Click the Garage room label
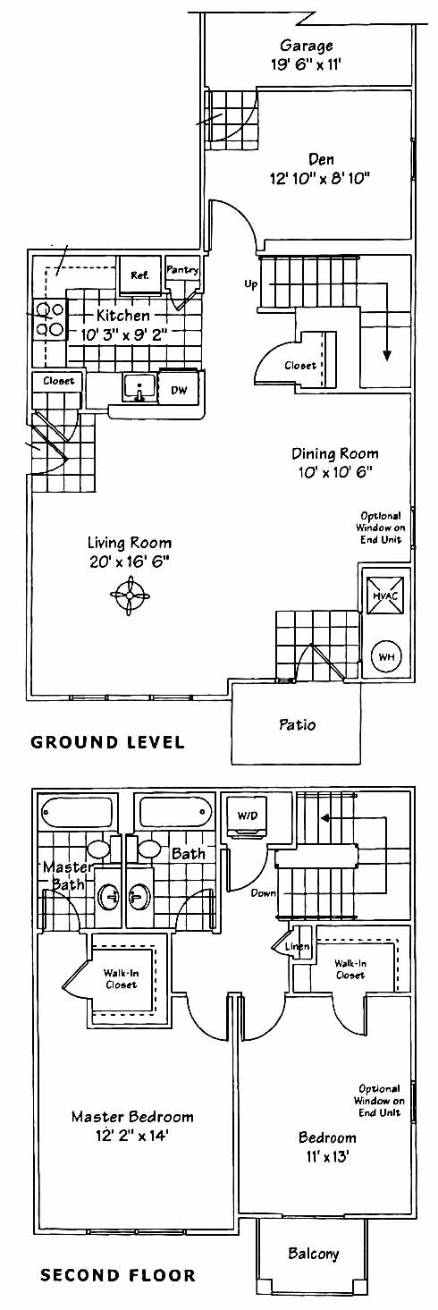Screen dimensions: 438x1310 point(306,46)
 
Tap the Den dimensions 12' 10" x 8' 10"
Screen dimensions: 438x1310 point(320,178)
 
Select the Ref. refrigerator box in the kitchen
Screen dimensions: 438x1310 point(139,275)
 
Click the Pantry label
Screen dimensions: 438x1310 point(182,270)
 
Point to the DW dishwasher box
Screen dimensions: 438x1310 point(179,390)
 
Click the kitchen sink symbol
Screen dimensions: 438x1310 point(139,388)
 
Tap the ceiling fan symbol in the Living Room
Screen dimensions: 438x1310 point(131,596)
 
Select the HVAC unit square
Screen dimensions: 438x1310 point(385,596)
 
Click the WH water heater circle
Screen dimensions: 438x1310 point(386,656)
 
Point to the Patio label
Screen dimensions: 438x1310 point(297,724)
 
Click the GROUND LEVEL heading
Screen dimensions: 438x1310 point(107,742)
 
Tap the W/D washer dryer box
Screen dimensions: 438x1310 point(248,816)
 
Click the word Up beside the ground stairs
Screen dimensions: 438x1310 point(251,285)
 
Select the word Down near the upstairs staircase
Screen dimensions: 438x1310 point(263,893)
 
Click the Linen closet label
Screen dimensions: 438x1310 point(298,946)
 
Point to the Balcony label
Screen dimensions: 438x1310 point(314,1254)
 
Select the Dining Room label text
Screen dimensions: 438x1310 point(335,453)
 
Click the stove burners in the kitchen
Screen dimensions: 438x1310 point(51,318)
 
